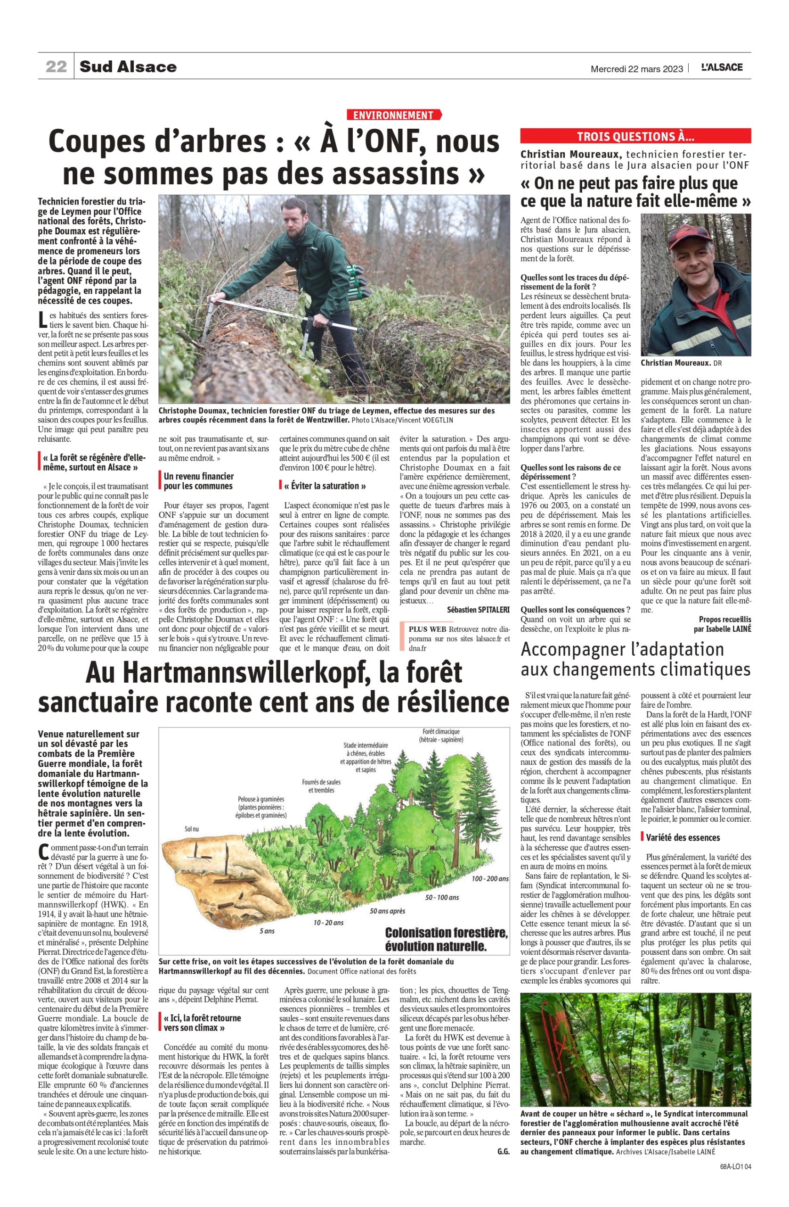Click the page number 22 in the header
[56, 67]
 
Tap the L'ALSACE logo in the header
[722, 67]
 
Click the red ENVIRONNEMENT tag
[393, 115]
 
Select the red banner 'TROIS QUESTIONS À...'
[635, 136]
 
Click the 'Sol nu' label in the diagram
[192, 829]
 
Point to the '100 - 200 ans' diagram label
[489, 878]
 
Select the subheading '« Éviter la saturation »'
[325, 486]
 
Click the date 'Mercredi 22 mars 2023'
[636, 68]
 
